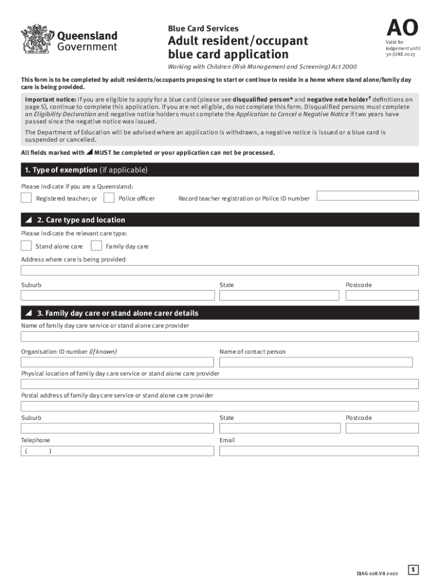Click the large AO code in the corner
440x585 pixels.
coord(402,27)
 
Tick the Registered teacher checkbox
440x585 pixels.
coord(26,198)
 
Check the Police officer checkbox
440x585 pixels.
coord(109,198)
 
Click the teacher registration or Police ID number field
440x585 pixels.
coord(367,195)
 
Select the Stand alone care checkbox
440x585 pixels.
coord(26,246)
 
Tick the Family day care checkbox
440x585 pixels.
coord(97,246)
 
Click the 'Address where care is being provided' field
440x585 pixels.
coord(219,270)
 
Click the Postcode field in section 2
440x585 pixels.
coord(382,295)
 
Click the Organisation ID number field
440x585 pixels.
coord(117,362)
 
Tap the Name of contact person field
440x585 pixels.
coord(315,362)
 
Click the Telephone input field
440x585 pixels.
coord(117,451)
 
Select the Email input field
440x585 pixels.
coord(319,451)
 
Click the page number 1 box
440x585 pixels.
coord(414,569)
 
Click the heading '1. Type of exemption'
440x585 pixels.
coord(86,170)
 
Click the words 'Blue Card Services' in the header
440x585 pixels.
coord(203,29)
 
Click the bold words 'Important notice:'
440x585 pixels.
coord(45,99)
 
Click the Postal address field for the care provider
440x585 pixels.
coord(219,406)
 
